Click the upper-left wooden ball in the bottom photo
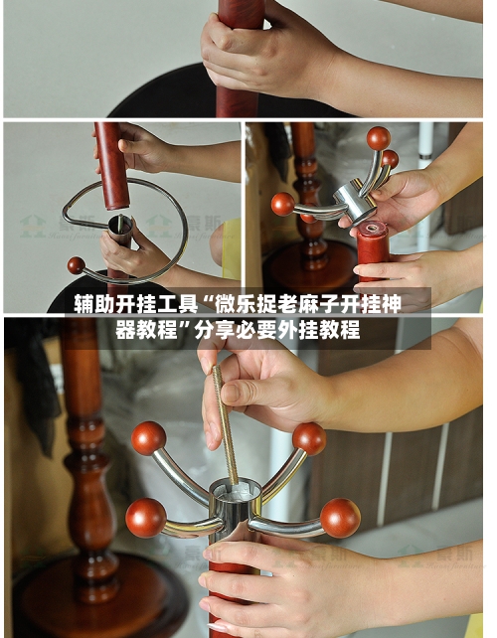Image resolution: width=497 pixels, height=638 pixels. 148,437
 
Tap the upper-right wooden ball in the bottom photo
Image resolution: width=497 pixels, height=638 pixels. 309,438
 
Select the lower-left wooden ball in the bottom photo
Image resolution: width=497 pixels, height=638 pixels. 145,518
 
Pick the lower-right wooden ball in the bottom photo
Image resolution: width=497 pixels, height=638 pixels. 340,518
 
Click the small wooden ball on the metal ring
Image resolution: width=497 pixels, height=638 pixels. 76,265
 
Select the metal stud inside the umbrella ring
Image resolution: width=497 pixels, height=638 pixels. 119,229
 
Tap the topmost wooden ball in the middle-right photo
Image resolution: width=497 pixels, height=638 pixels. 378,138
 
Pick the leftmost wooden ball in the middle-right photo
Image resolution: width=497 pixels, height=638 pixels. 283,204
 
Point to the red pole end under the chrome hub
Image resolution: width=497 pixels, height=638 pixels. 374,243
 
